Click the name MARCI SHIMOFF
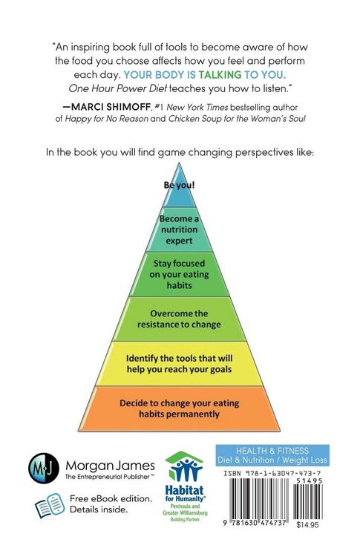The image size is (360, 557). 111,107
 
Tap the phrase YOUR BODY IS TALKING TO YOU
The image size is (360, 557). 205,74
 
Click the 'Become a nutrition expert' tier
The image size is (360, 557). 179,229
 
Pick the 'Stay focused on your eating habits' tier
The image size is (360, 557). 179,274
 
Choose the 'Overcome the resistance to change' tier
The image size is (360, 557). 179,319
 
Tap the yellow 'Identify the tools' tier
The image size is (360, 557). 179,364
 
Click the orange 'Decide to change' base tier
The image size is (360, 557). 179,408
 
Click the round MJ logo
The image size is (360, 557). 44,468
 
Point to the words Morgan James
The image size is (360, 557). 110,466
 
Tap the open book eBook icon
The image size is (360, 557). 50,505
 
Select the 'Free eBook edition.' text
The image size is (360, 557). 111,498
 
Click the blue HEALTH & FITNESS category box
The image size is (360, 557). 272,455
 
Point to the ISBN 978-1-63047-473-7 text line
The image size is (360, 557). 272,473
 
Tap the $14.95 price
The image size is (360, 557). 307,524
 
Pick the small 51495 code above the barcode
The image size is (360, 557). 309,481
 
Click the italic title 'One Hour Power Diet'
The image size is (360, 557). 117,88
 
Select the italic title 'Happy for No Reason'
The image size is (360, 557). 106,119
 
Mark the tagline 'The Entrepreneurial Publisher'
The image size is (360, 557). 109,477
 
